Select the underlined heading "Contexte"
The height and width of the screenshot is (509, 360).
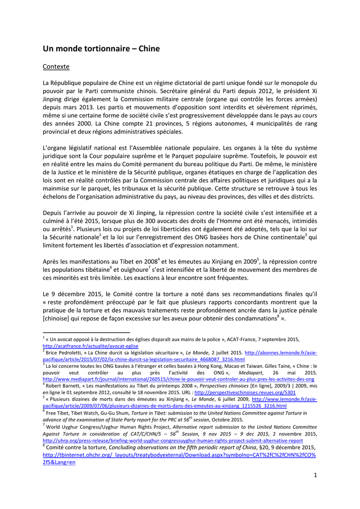[x=56, y=66]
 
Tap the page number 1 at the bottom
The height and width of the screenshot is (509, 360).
[x=315, y=475]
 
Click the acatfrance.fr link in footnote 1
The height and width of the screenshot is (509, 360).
[x=90, y=346]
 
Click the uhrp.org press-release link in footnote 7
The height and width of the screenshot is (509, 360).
[x=173, y=440]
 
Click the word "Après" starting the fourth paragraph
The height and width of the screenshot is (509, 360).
[x=52, y=261]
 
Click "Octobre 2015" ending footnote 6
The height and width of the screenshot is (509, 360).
[x=226, y=420]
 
